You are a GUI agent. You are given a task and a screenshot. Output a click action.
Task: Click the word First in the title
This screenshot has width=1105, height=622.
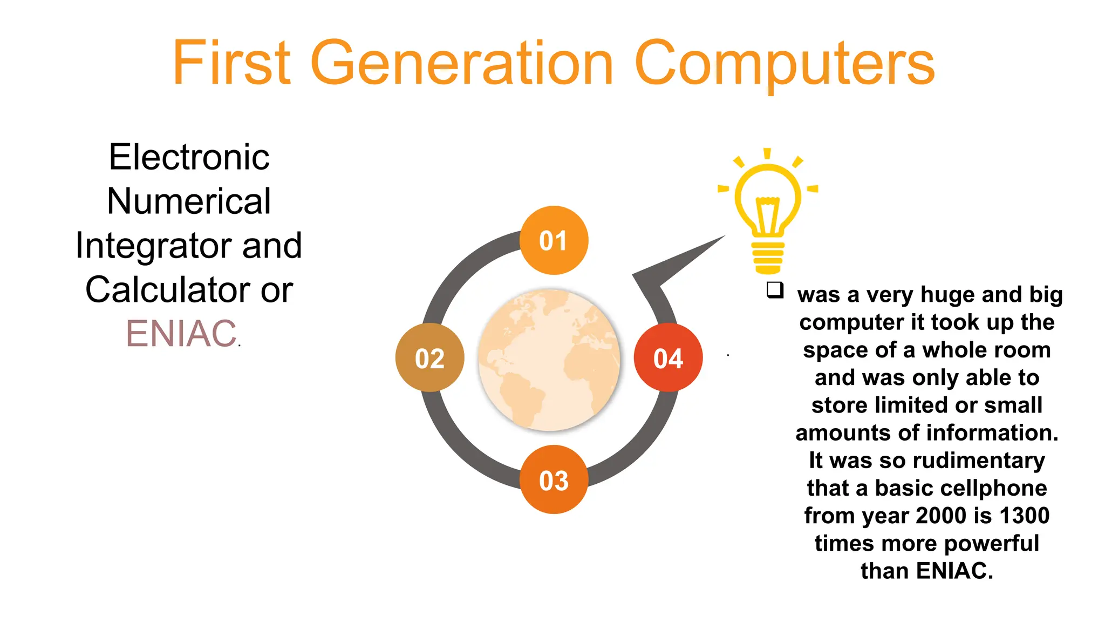click(231, 63)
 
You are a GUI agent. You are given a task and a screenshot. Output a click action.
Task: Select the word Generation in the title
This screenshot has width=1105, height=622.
click(462, 63)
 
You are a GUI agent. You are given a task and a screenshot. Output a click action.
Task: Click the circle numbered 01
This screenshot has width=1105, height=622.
click(554, 240)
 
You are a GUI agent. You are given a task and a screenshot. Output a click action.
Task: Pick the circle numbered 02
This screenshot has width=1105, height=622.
click(429, 358)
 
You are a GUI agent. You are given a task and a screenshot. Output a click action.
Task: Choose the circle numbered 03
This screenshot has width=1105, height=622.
click(554, 479)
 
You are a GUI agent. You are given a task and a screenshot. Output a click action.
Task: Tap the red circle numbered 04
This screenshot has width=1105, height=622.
click(668, 358)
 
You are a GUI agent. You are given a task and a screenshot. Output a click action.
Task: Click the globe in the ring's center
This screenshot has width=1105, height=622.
click(549, 360)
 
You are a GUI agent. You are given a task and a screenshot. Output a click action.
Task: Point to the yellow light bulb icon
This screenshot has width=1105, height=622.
click(768, 211)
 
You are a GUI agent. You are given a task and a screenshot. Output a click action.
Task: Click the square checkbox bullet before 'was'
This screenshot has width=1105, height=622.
click(775, 290)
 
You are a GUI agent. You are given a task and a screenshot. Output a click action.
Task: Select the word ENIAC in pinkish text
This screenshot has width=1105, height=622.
click(181, 334)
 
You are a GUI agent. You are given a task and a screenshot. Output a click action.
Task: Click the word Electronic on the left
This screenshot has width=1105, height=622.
click(189, 157)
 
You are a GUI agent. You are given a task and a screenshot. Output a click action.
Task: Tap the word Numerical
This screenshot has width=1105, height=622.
click(189, 201)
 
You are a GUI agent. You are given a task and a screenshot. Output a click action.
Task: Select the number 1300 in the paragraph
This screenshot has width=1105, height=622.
click(1024, 516)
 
